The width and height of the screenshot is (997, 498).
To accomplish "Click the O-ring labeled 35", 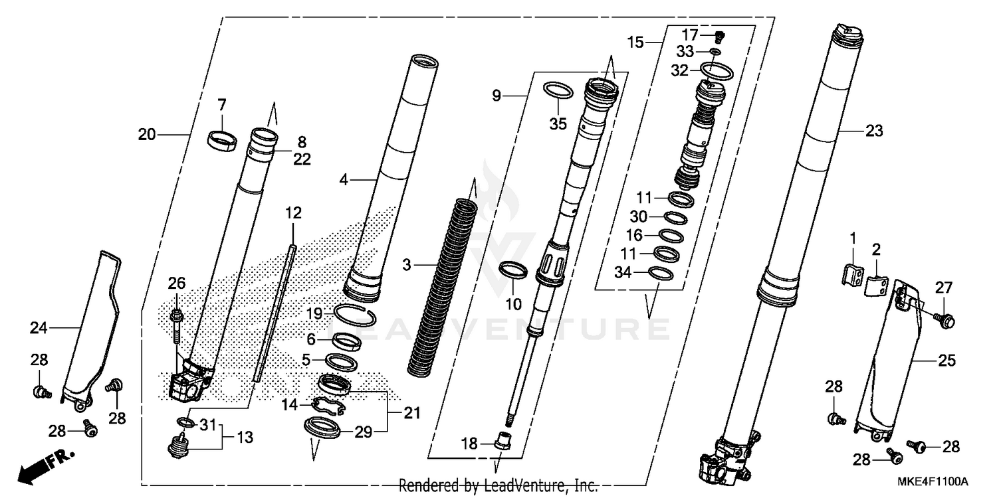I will [557, 90].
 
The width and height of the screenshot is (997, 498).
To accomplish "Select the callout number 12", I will [293, 213].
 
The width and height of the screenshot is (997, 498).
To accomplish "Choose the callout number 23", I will [874, 131].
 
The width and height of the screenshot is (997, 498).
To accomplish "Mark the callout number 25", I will [946, 361].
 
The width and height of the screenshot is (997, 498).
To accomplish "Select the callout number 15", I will [635, 43].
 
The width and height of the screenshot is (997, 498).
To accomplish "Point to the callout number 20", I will [147, 135].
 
